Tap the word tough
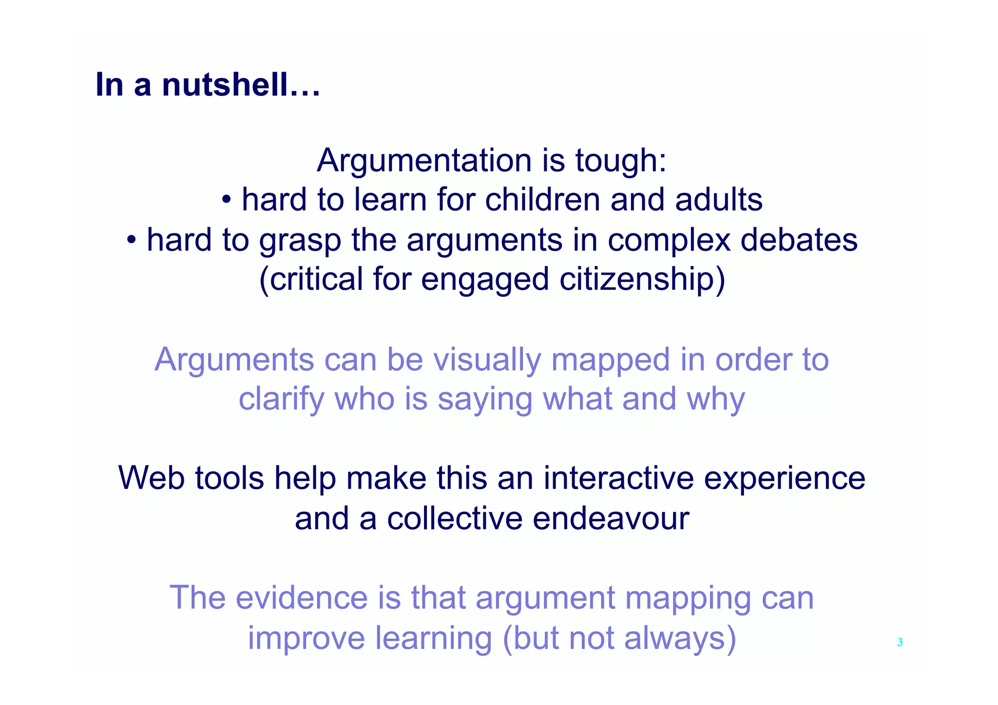pos(620,161)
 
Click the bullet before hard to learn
pos(226,200)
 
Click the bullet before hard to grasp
pos(131,240)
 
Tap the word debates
pos(799,240)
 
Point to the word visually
pos(487,361)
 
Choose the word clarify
pos(281,400)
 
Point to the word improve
pos(307,638)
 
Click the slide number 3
pos(900,642)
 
